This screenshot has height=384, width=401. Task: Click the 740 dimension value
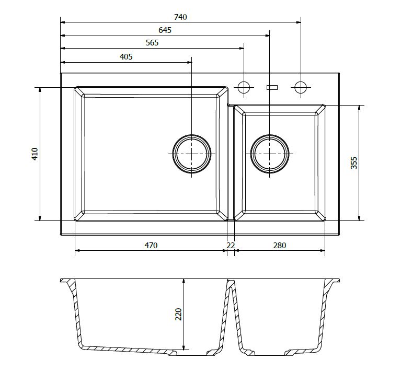click(180, 17)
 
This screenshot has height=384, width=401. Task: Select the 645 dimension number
click(165, 30)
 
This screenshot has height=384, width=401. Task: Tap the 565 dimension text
click(152, 43)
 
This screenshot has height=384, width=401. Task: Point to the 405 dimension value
click(126, 57)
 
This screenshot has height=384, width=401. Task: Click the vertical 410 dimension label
click(35, 154)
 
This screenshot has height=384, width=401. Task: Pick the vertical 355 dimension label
click(354, 163)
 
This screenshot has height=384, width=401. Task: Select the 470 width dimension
click(151, 245)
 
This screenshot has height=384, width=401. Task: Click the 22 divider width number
click(231, 245)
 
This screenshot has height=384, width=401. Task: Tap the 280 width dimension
click(280, 245)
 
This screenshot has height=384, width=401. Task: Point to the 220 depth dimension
click(178, 314)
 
